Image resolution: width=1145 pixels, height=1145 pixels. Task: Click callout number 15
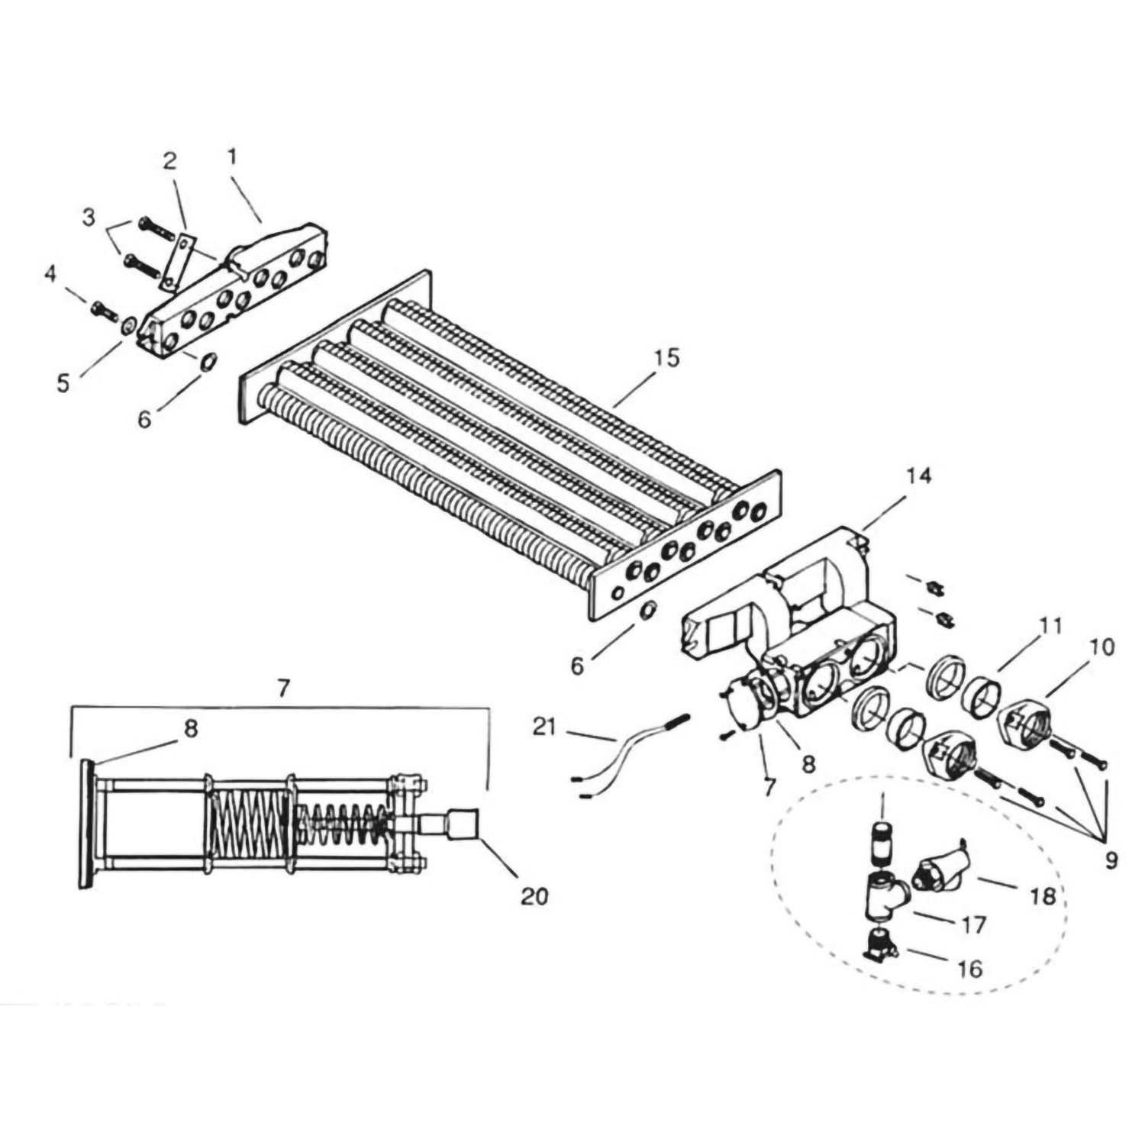pyautogui.click(x=666, y=358)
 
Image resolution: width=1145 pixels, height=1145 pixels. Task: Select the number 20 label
pyautogui.click(x=534, y=895)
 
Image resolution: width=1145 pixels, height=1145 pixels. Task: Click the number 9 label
pyautogui.click(x=1111, y=860)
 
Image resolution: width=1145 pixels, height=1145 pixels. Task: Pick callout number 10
pyautogui.click(x=1102, y=647)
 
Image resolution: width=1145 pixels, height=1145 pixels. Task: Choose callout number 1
pyautogui.click(x=232, y=157)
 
